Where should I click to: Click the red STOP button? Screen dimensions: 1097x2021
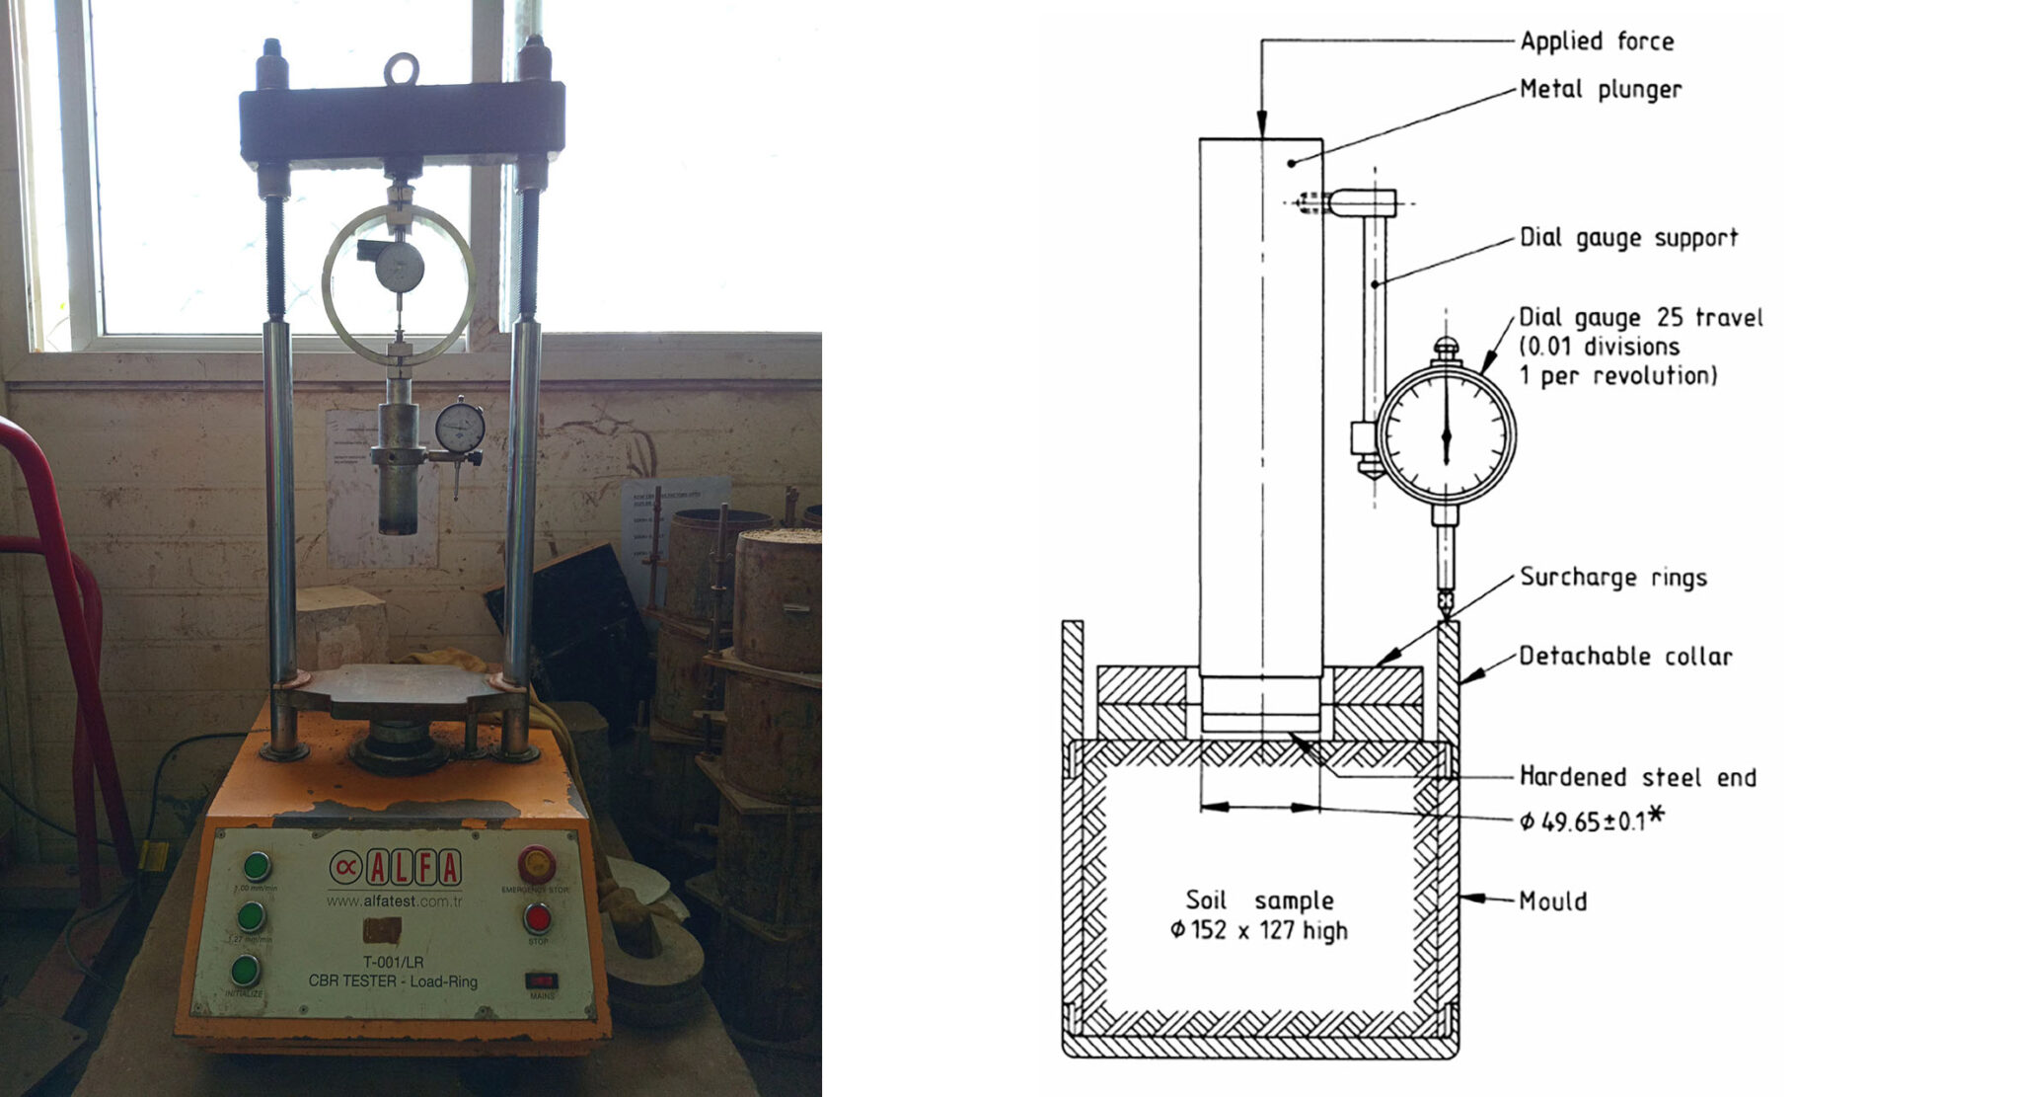(537, 918)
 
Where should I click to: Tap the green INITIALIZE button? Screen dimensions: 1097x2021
(245, 971)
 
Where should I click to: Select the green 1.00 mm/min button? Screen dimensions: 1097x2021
(257, 867)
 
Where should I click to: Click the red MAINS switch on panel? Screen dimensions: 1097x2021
(541, 980)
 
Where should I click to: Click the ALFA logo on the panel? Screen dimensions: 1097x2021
(396, 869)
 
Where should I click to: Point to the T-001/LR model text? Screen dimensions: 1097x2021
(393, 962)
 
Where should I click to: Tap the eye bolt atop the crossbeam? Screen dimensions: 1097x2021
(401, 68)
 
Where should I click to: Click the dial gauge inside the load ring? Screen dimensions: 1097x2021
(400, 267)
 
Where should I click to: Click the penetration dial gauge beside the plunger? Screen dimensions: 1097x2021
(460, 428)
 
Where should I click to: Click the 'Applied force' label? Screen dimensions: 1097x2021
(1596, 41)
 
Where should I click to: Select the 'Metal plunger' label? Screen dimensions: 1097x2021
(1600, 90)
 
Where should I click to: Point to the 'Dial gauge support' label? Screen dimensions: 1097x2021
(1627, 238)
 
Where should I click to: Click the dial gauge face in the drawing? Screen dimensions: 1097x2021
(1446, 434)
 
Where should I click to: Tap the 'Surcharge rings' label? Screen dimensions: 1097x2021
(1612, 578)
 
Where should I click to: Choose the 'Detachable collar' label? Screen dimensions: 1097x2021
(1624, 657)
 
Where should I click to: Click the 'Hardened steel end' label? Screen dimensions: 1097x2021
(1637, 777)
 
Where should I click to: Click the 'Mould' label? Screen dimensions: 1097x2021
(1552, 901)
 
